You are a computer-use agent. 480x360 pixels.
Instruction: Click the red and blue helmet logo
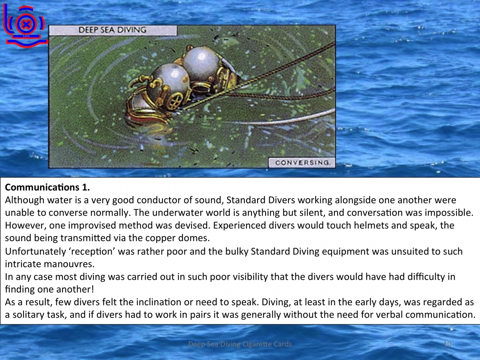(x=25, y=26)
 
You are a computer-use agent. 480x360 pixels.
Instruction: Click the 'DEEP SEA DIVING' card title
(x=112, y=30)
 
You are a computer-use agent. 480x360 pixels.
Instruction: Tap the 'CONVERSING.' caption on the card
(x=302, y=163)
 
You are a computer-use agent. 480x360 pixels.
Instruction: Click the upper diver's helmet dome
(x=201, y=63)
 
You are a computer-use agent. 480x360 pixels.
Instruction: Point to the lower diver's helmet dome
(x=168, y=81)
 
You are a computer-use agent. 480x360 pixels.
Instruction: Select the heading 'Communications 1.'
(x=48, y=187)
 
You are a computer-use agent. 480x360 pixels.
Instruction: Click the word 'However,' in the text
(x=26, y=226)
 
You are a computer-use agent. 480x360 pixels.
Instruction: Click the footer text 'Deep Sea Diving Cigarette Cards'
(x=240, y=344)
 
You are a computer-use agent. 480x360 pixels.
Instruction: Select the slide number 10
(x=448, y=344)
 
